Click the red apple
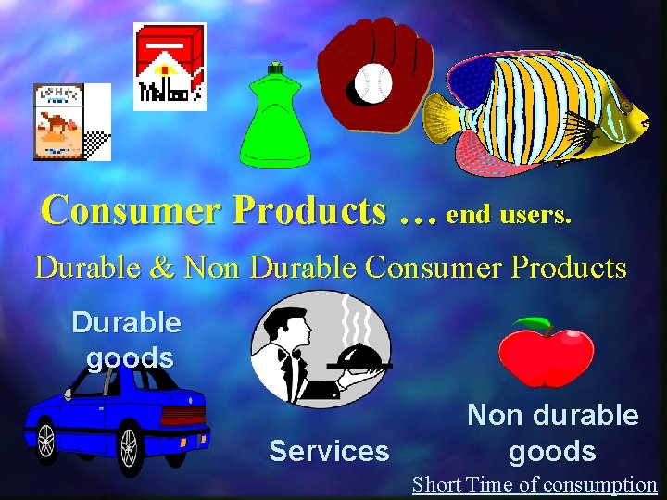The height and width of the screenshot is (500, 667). [547, 356]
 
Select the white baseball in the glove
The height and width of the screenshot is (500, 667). [373, 83]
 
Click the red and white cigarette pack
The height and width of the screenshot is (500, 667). [170, 66]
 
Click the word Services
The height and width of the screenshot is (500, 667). [329, 451]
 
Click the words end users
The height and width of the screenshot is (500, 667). [509, 215]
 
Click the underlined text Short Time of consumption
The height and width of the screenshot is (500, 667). [535, 484]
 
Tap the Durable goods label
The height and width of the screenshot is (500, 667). [127, 340]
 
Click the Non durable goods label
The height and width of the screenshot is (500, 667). [552, 432]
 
